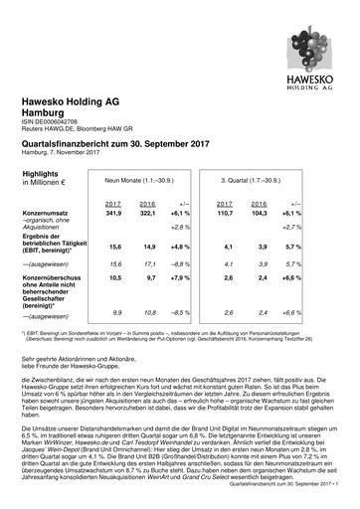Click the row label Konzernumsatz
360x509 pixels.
(47, 213)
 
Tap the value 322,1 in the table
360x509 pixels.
(144, 213)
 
